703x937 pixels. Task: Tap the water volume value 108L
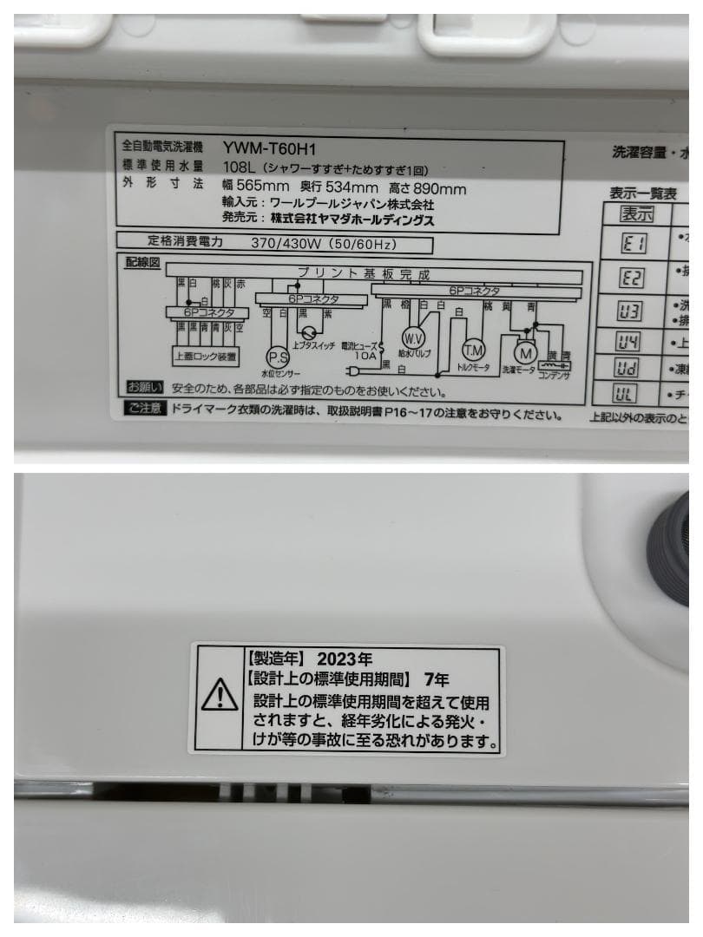point(240,168)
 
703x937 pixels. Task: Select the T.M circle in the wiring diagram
point(473,350)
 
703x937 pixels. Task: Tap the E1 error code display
point(634,244)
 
